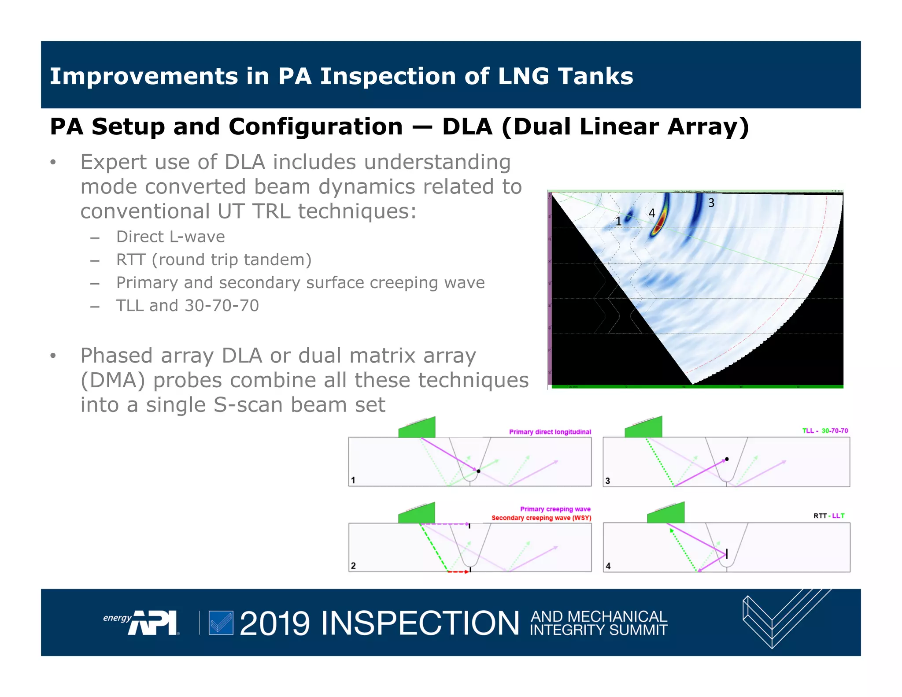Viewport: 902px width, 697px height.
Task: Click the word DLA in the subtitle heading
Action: click(467, 127)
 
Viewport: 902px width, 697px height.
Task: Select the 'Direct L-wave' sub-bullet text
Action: click(170, 237)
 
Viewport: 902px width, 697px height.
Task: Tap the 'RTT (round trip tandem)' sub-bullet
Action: click(214, 260)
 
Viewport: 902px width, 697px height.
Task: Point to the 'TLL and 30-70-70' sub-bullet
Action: click(187, 306)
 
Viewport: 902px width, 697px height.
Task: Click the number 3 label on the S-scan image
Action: click(711, 203)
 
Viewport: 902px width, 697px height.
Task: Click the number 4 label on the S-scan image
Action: click(652, 213)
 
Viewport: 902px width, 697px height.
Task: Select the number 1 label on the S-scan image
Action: click(618, 221)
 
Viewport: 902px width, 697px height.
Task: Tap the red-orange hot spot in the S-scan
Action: click(656, 229)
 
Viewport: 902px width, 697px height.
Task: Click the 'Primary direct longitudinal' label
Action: click(550, 432)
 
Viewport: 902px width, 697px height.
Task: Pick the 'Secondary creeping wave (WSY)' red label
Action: click(541, 518)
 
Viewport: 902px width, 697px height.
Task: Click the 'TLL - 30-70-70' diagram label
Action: click(824, 431)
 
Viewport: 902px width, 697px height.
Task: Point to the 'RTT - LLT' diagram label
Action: click(828, 515)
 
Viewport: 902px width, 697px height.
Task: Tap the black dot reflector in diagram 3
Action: click(727, 459)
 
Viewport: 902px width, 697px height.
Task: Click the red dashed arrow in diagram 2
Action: click(458, 571)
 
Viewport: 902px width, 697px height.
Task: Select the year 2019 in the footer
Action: click(275, 623)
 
